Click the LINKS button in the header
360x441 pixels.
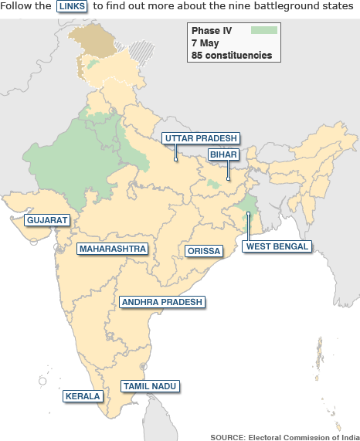[x=73, y=6]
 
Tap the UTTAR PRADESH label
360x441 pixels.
[x=200, y=138]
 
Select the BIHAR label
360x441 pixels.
[x=222, y=154]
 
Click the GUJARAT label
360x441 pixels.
[x=47, y=220]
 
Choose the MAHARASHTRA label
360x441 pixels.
[x=113, y=249]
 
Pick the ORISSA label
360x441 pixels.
[x=204, y=251]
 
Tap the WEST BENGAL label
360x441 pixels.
[x=277, y=246]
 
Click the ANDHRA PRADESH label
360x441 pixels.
[x=161, y=302]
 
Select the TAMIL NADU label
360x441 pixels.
[x=150, y=385]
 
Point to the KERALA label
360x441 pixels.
[x=83, y=396]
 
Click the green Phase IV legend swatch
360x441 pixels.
[x=264, y=30]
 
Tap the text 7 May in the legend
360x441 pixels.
[x=205, y=42]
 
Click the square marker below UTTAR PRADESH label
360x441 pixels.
[x=176, y=160]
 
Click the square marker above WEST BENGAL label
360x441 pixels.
[x=247, y=214]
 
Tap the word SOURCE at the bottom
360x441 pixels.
[x=227, y=436]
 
